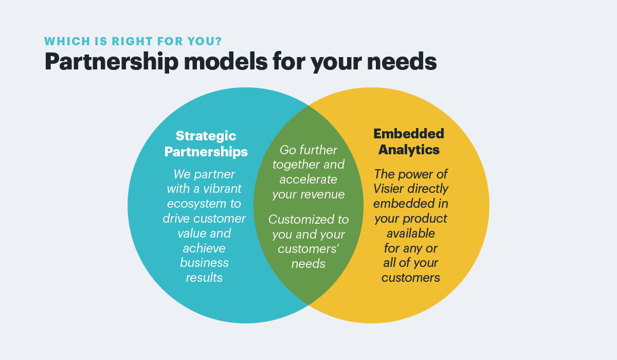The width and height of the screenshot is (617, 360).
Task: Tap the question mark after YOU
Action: click(x=219, y=41)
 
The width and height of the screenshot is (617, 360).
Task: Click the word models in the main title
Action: click(x=226, y=61)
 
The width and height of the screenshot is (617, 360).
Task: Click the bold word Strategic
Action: click(x=206, y=136)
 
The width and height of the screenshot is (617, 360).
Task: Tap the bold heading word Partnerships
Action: click(x=206, y=152)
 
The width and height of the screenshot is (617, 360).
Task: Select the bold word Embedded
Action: click(x=409, y=134)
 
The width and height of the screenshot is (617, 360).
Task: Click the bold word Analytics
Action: click(x=409, y=150)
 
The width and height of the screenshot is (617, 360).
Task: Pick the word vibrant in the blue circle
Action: click(x=222, y=189)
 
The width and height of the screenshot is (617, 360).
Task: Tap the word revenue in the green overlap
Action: click(x=322, y=195)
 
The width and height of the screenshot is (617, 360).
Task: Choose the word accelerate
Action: click(x=308, y=179)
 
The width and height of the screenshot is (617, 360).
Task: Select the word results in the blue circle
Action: click(x=204, y=278)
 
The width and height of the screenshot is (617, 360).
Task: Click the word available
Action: click(x=411, y=233)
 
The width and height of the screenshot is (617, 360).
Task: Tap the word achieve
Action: click(x=204, y=248)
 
